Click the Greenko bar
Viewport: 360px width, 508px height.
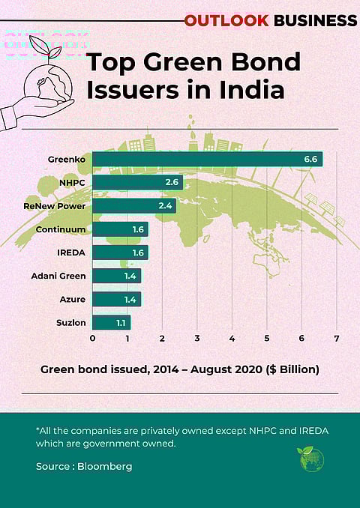(207, 159)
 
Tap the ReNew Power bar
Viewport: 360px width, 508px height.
(133, 205)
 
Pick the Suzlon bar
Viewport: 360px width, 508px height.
(111, 323)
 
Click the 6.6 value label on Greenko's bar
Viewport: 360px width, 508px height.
(310, 159)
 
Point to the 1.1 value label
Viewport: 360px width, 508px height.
(121, 323)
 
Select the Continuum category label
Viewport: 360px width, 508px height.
(61, 229)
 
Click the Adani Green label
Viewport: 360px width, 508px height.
(58, 276)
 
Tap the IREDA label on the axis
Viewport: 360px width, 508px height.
(72, 253)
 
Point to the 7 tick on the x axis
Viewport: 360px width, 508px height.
(337, 339)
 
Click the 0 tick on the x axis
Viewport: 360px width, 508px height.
(92, 339)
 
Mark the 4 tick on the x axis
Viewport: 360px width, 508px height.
(232, 339)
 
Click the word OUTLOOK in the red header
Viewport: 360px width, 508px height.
(226, 20)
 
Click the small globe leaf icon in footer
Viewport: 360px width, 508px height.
(311, 459)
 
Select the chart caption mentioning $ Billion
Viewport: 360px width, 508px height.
(180, 369)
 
